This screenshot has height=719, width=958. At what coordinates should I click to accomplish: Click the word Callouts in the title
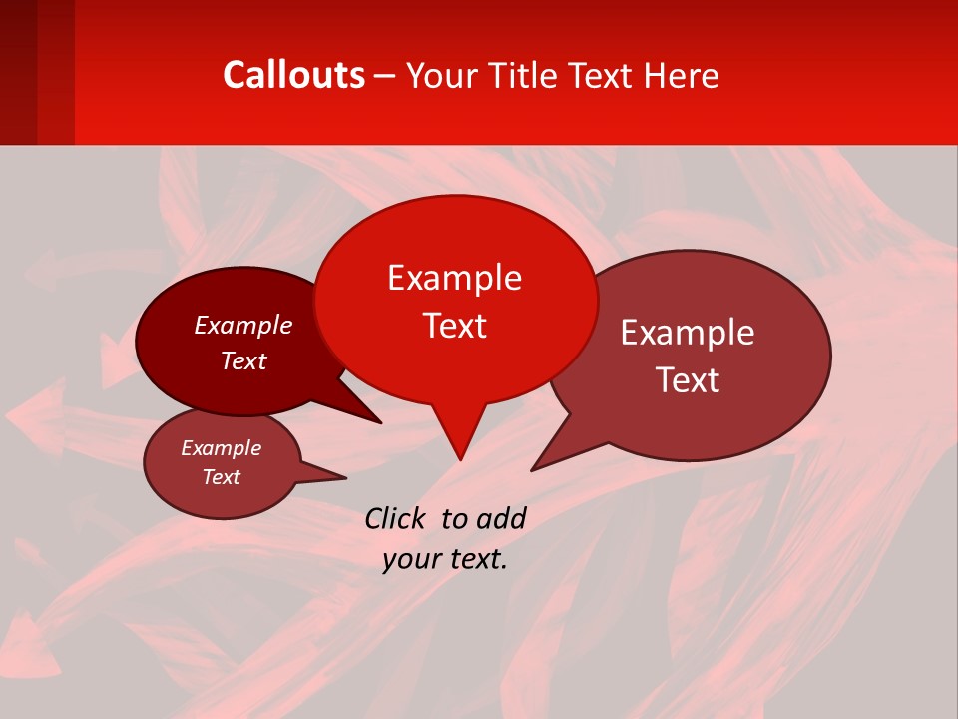(x=293, y=75)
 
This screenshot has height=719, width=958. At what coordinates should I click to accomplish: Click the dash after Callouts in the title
(x=385, y=76)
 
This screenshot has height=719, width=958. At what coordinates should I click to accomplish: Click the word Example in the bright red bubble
(x=454, y=278)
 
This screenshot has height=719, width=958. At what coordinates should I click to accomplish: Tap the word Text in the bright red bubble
(x=454, y=326)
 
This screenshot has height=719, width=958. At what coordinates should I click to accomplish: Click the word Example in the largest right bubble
(x=688, y=333)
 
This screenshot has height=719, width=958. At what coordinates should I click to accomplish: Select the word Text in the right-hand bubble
(x=688, y=380)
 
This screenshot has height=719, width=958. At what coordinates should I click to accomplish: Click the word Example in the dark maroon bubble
(x=242, y=325)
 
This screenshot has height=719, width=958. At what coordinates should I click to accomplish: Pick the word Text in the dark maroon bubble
(x=242, y=360)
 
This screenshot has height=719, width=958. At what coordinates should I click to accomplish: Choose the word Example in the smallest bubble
(x=221, y=448)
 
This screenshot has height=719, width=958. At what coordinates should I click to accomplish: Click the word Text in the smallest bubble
(x=221, y=477)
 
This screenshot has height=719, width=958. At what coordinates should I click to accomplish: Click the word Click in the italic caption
(x=396, y=518)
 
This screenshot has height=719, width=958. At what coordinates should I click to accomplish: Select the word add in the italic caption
(x=500, y=518)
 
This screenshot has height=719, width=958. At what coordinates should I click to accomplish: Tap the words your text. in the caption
(x=445, y=559)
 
